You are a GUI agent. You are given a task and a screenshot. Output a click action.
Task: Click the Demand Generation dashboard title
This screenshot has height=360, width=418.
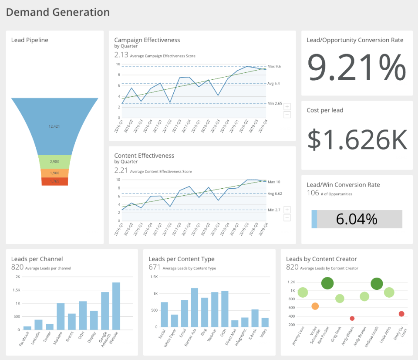pyautogui.click(x=58, y=12)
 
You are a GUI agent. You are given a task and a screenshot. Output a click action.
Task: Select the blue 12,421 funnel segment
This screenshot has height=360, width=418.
pyautogui.click(x=54, y=126)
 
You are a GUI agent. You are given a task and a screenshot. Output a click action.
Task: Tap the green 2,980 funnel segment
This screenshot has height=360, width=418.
pyautogui.click(x=54, y=162)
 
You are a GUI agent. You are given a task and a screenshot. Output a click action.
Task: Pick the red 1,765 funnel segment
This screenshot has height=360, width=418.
pyautogui.click(x=54, y=181)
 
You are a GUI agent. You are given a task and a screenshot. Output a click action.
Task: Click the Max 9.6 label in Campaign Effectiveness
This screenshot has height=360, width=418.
pyautogui.click(x=274, y=66)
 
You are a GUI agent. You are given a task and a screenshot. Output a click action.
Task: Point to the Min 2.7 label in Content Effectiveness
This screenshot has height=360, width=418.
pyautogui.click(x=274, y=210)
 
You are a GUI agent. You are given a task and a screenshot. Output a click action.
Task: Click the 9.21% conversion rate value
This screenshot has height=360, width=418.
pyautogui.click(x=357, y=67)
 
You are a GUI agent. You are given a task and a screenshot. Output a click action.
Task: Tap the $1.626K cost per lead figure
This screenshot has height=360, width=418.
pyautogui.click(x=357, y=139)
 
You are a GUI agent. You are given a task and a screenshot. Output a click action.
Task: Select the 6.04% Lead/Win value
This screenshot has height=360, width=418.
pyautogui.click(x=357, y=219)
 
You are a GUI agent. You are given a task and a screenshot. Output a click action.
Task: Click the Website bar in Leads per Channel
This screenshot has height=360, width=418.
pyautogui.click(x=116, y=306)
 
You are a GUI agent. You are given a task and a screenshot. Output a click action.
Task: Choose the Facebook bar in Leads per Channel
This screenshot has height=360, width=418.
pyautogui.click(x=27, y=328)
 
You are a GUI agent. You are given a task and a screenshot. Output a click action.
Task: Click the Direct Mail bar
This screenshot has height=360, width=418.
pyautogui.click(x=235, y=323)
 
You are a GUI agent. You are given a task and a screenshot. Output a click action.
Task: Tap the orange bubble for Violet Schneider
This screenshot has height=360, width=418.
pyautogui.click(x=315, y=306)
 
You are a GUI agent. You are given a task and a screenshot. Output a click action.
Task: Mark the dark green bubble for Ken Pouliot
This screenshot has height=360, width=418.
pyautogui.click(x=327, y=283)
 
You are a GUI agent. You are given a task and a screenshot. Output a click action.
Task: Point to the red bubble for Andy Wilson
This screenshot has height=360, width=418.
pyautogui.click(x=352, y=319)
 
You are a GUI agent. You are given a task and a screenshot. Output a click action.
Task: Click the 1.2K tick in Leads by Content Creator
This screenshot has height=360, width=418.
pyautogui.click(x=291, y=282)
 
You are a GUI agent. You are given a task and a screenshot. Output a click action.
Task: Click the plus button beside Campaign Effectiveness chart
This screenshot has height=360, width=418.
pyautogui.click(x=287, y=107)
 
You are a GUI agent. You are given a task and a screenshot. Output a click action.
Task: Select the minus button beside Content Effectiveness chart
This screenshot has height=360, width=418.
pyautogui.click(x=287, y=217)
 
